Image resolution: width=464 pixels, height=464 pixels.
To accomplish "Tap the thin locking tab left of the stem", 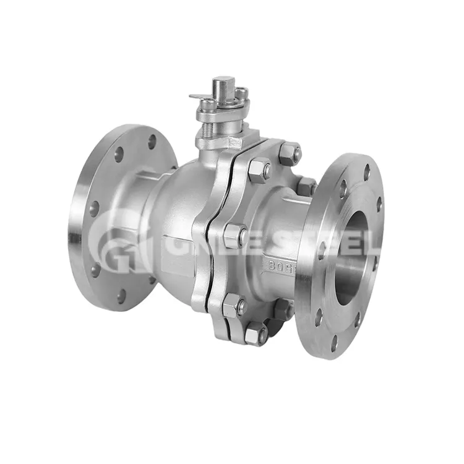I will [199, 97].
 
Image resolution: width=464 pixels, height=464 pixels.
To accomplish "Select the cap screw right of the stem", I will [242, 94].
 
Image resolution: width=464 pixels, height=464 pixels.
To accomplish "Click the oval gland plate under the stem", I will [220, 111].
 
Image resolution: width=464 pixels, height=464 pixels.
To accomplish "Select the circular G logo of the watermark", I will [118, 241].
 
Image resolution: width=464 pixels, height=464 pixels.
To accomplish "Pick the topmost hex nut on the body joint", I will [290, 153].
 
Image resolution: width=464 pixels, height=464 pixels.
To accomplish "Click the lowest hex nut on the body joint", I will [256, 334].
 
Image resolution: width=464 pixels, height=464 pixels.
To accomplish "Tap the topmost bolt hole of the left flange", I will [152, 142].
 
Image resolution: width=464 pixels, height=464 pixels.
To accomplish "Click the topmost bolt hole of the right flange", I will [367, 171].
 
